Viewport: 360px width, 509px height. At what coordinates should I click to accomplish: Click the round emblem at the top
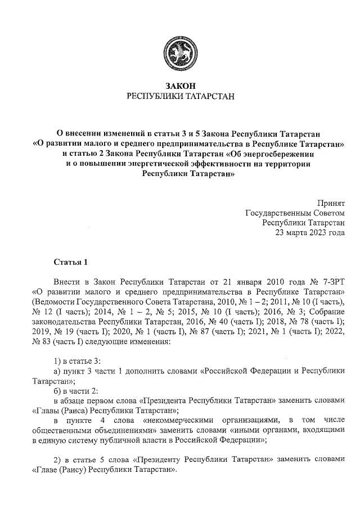[181, 51]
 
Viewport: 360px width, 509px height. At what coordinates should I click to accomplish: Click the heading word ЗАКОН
[181, 86]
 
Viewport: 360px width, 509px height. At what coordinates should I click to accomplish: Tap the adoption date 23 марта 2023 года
[309, 233]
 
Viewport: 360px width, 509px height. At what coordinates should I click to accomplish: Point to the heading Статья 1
[71, 262]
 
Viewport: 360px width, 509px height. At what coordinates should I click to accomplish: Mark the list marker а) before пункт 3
[57, 371]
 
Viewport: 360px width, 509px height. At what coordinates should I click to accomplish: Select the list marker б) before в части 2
[57, 391]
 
